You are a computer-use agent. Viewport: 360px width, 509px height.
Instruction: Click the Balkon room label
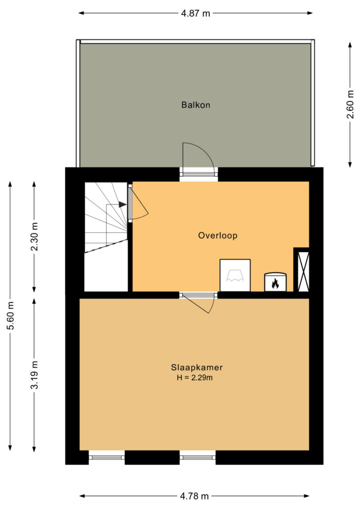tap(196, 105)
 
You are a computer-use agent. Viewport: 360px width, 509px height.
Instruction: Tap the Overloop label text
tap(218, 235)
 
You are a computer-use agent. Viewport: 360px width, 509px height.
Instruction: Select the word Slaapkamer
tap(197, 367)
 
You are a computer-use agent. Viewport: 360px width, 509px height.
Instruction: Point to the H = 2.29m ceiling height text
tap(195, 378)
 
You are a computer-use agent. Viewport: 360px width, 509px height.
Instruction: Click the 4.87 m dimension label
tap(195, 13)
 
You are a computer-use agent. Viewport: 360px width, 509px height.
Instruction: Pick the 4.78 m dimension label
tap(194, 496)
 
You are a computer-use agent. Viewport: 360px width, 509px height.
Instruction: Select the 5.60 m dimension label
tap(11, 316)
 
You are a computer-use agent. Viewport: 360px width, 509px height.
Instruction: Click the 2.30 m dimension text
tap(34, 237)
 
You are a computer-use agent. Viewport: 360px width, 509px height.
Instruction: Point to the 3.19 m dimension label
tap(34, 375)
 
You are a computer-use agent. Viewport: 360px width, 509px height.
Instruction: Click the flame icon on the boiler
tap(275, 284)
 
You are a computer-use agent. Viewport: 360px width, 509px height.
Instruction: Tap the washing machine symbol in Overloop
tap(235, 275)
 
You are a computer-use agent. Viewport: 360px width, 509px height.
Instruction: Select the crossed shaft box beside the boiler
tap(302, 270)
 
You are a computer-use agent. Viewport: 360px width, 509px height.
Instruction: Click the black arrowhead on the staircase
tap(122, 204)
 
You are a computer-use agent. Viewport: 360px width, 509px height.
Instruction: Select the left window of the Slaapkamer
tap(106, 457)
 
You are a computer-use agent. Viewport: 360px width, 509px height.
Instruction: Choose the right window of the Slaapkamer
tap(198, 457)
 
